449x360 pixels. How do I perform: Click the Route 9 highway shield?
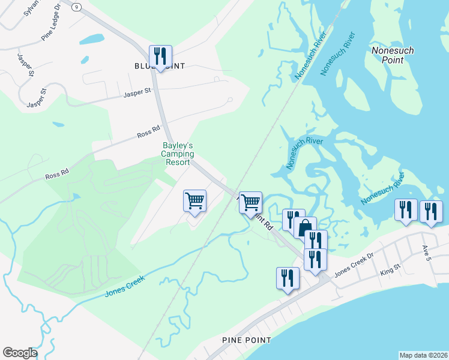76,7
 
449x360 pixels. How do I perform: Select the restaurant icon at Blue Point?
160,57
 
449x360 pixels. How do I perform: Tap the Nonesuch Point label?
393,56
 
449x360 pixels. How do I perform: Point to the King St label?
390,273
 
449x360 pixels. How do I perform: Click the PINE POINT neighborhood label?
246,340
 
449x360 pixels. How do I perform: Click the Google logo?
20,353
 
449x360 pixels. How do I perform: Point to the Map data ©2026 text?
423,355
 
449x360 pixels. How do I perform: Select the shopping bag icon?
304,227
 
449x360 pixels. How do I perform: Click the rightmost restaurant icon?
431,211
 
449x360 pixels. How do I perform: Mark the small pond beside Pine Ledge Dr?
92,40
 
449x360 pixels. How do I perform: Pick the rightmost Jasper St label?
135,94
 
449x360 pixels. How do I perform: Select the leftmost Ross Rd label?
56,176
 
